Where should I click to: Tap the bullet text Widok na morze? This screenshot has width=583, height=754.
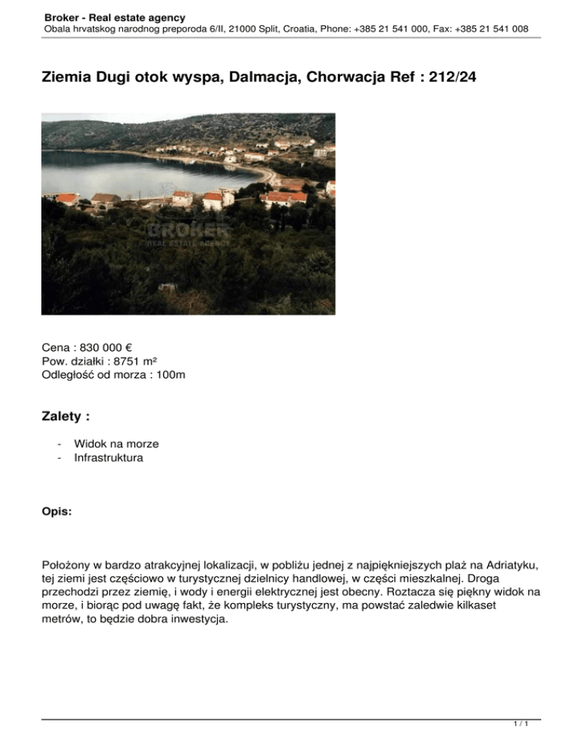tap(116, 445)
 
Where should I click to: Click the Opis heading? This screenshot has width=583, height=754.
tap(57, 513)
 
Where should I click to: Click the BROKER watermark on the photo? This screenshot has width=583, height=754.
tap(188, 228)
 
